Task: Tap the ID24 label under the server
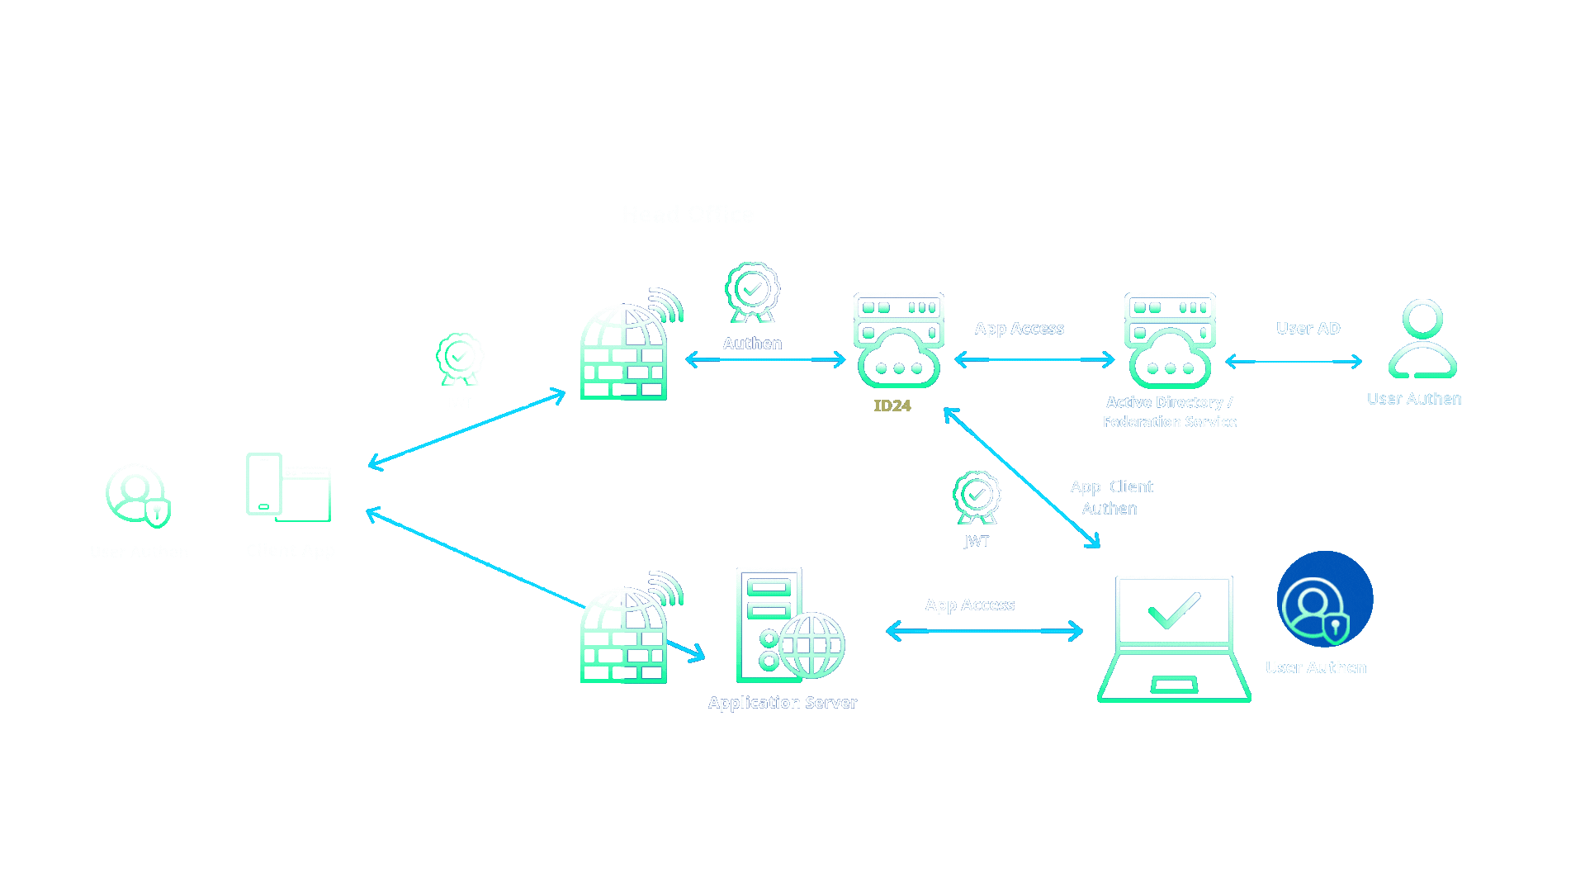coord(892,406)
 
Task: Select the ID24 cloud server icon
coord(898,340)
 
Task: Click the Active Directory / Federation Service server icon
coord(1169,340)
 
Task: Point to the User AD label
coord(1308,328)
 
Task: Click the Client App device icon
coord(288,487)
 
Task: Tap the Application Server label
coord(782,703)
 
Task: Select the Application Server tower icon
coord(789,625)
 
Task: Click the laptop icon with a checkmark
coord(1174,638)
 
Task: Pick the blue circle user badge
coord(1324,599)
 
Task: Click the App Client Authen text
coord(1110,497)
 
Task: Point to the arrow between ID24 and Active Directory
coord(1034,359)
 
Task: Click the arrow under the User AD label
coord(1293,362)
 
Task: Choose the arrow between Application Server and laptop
coord(984,631)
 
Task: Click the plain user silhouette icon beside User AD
coord(1422,339)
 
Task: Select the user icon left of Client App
coord(138,495)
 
